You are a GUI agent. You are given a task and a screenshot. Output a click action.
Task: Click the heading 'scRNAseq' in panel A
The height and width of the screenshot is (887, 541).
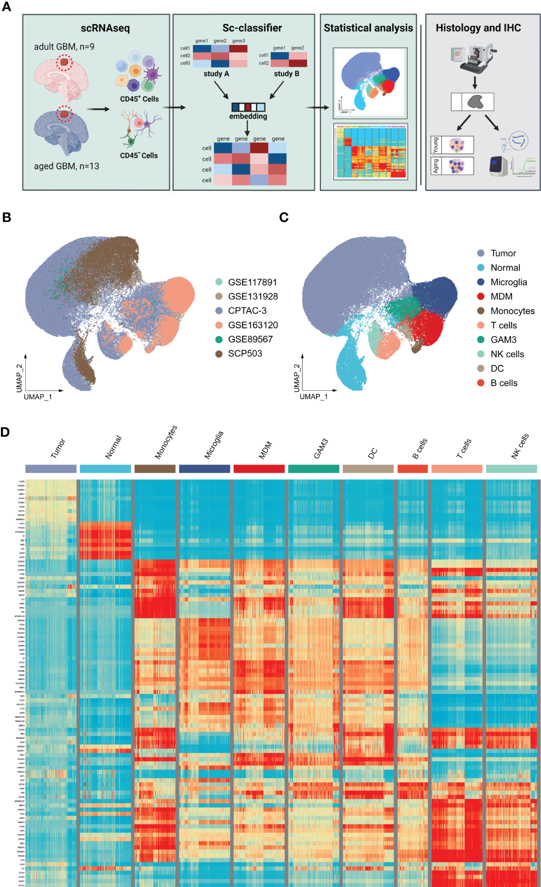(x=105, y=28)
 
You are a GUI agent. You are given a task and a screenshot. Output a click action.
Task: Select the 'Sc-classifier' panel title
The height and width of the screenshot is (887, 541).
(x=252, y=28)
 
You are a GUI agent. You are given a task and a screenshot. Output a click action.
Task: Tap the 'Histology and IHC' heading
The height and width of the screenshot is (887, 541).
(x=478, y=28)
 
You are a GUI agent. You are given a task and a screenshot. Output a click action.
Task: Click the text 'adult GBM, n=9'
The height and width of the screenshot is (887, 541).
(x=64, y=47)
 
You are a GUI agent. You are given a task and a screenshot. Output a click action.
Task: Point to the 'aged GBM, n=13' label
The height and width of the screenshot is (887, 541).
(x=67, y=166)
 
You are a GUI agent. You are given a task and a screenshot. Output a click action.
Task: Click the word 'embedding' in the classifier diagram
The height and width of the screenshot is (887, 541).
(x=248, y=116)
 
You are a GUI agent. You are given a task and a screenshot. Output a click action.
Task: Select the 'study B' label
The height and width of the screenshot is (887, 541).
(x=286, y=74)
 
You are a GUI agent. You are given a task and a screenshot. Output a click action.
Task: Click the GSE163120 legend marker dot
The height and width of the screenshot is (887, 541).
(x=219, y=325)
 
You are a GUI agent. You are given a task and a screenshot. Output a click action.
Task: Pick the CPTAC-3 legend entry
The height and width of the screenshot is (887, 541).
(x=247, y=311)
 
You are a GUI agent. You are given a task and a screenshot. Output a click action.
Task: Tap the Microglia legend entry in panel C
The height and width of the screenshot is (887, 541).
(x=508, y=283)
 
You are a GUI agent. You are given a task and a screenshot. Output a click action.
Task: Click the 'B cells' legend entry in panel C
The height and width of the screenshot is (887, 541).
(x=503, y=383)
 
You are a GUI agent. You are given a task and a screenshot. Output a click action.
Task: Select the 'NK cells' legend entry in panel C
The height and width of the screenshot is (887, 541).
(x=507, y=354)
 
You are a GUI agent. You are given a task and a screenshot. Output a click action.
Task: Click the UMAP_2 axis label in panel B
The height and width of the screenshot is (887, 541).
(x=19, y=378)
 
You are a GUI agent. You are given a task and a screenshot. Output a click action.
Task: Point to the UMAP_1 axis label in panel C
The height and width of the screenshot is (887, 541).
(x=313, y=397)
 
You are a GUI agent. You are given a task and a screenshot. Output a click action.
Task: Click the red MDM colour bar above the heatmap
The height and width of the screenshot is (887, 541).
(x=259, y=469)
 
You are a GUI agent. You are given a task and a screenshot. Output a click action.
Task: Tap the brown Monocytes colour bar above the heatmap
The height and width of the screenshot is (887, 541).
(x=155, y=469)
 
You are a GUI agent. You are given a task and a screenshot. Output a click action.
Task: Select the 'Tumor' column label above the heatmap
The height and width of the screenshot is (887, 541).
(x=58, y=448)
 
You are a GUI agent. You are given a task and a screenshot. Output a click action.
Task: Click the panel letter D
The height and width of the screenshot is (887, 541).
(x=5, y=432)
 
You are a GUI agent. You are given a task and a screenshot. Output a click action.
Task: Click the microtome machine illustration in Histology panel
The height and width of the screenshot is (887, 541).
(x=473, y=56)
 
